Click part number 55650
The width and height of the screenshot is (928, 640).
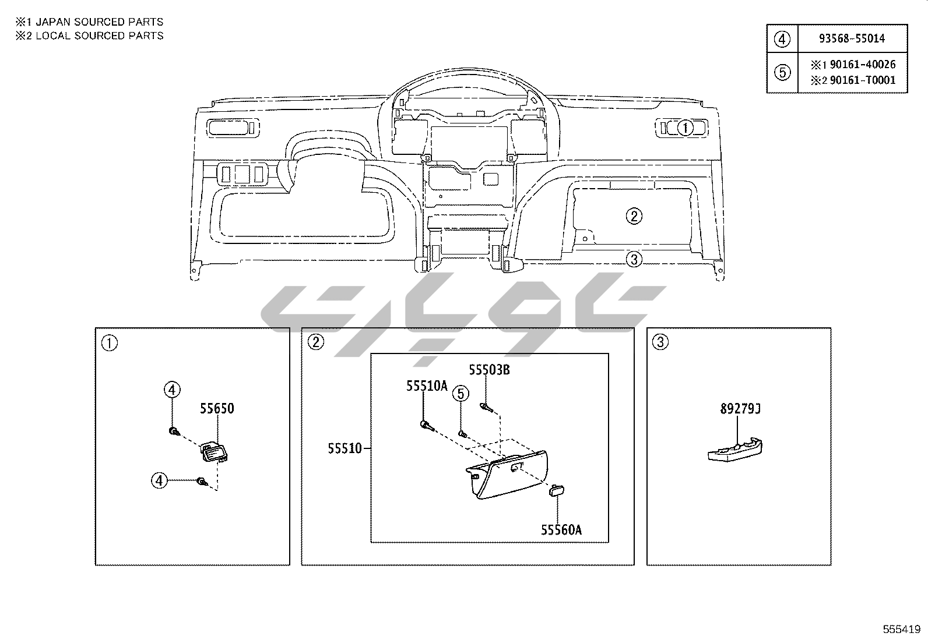(x=217, y=409)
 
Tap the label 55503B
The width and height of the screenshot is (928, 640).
(x=489, y=370)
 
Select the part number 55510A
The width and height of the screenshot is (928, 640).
(x=427, y=386)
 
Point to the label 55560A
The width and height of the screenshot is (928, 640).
(x=561, y=530)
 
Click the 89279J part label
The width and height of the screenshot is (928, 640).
(x=740, y=409)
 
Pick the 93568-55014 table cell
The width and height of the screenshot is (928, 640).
(x=852, y=38)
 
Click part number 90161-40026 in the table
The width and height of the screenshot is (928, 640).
(x=863, y=65)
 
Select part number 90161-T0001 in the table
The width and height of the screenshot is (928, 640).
(x=863, y=80)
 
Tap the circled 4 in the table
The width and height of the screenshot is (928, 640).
(x=782, y=40)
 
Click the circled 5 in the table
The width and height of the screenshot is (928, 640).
(x=782, y=73)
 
